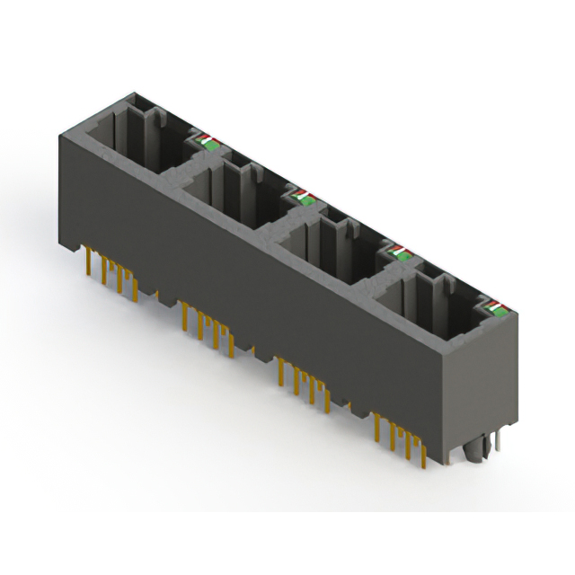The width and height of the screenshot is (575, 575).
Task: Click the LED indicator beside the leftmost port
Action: coord(206,140)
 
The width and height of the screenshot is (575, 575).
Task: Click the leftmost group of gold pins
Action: coord(112,273)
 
